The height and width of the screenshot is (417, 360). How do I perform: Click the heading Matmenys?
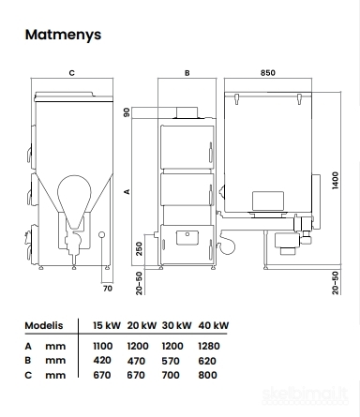pyautogui.click(x=63, y=35)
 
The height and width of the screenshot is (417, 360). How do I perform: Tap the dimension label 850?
pyautogui.click(x=268, y=73)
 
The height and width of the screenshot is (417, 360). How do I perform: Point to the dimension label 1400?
pyautogui.click(x=336, y=180)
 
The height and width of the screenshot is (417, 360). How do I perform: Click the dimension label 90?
pyautogui.click(x=127, y=112)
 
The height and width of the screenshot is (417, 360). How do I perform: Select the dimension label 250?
pyautogui.click(x=139, y=248)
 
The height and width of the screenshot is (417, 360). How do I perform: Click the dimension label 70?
pyautogui.click(x=108, y=289)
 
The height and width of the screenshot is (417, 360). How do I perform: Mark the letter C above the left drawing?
pyautogui.click(x=72, y=73)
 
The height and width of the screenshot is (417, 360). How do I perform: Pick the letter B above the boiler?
pyautogui.click(x=187, y=73)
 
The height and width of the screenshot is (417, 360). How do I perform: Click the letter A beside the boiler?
pyautogui.click(x=127, y=191)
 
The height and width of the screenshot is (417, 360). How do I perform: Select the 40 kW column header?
pyautogui.click(x=214, y=325)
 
